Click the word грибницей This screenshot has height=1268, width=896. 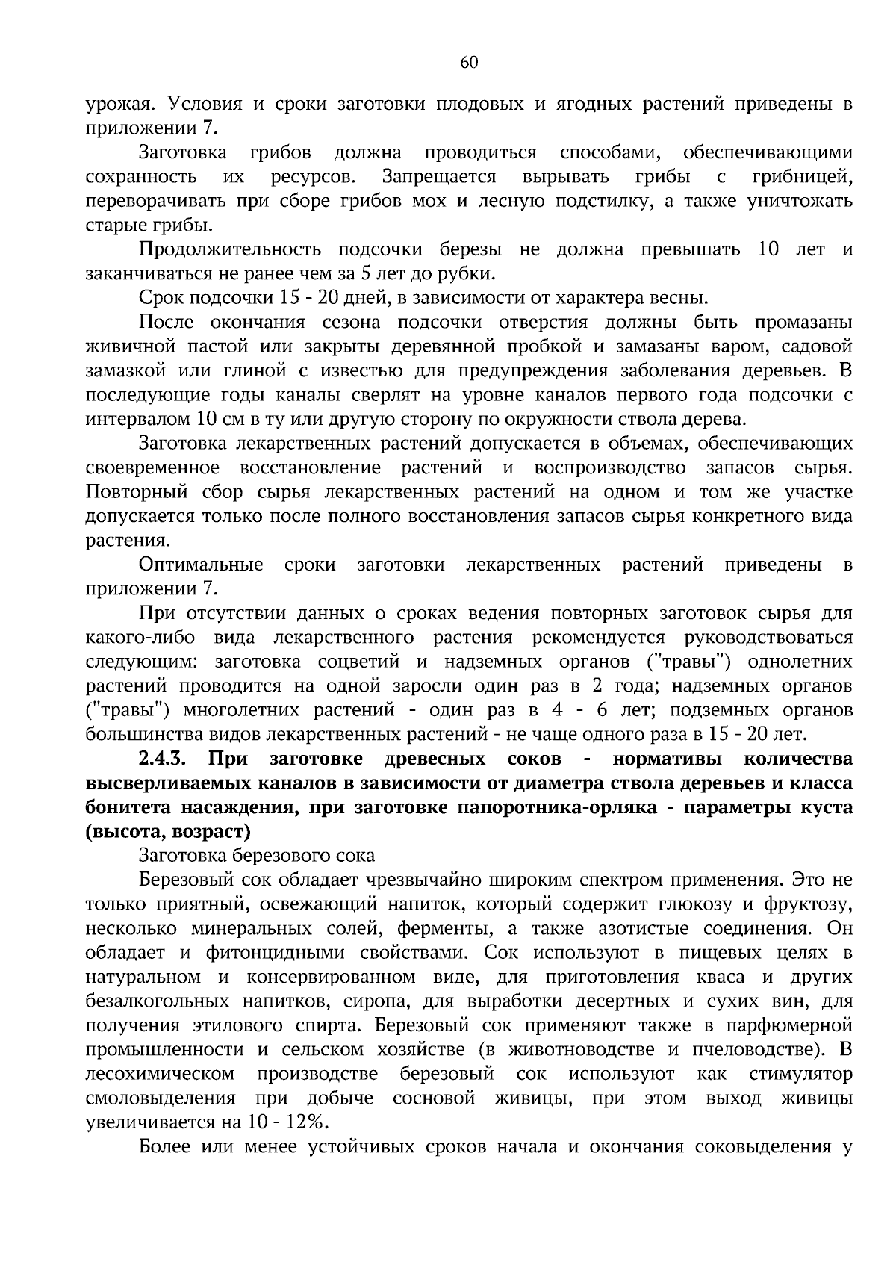point(802,177)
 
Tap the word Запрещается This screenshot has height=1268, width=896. point(439,177)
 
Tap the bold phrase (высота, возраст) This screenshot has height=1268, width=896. point(169,831)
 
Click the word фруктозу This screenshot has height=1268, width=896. point(807,904)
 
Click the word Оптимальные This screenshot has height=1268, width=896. point(201,565)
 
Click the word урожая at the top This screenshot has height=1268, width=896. point(116,105)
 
